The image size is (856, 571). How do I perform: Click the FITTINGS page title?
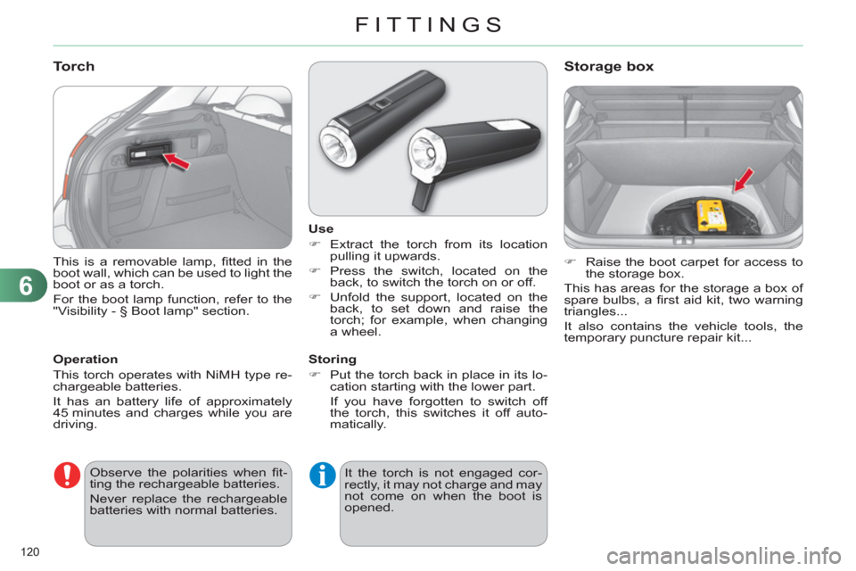(x=427, y=24)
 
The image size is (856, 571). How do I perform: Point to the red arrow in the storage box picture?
(x=743, y=179)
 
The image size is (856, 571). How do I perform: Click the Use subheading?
(x=315, y=230)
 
